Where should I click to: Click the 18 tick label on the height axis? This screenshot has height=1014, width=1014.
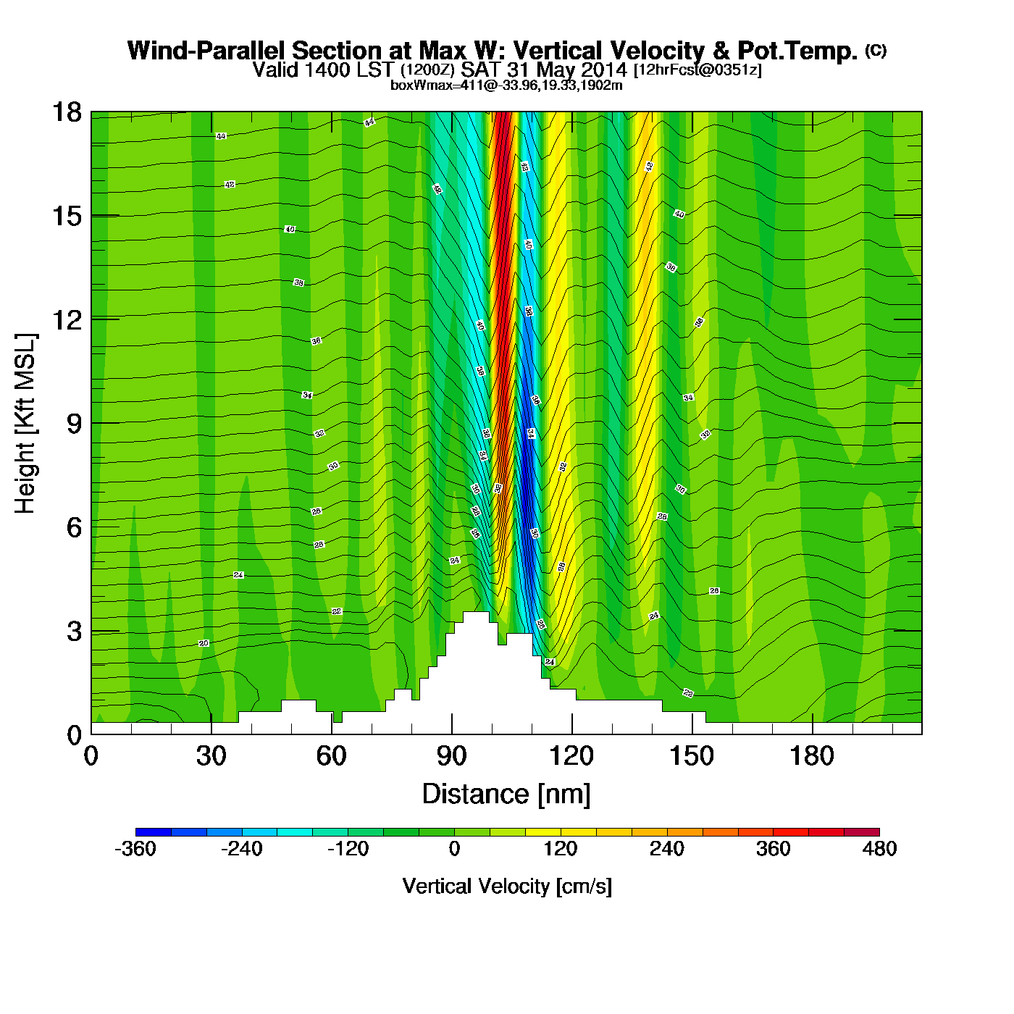(66, 112)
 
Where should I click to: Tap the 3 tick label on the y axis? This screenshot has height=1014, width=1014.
(74, 631)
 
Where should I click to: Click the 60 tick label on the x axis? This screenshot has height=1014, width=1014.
(331, 756)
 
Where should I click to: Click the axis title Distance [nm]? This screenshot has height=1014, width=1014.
(506, 794)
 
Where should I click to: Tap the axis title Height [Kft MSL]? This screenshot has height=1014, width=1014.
(25, 424)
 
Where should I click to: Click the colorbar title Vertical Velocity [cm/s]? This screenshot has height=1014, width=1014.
(507, 886)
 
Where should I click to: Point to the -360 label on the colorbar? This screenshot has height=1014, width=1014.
(135, 849)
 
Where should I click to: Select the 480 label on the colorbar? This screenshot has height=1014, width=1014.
(879, 849)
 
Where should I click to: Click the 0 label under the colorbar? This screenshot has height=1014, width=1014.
(454, 849)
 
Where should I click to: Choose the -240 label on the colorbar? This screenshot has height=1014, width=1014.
(242, 849)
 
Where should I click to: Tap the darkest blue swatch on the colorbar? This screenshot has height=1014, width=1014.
(153, 832)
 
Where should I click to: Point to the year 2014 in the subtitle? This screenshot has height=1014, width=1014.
(603, 70)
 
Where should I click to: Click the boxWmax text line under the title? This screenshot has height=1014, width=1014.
(506, 85)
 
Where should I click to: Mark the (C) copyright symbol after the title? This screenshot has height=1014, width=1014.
(875, 50)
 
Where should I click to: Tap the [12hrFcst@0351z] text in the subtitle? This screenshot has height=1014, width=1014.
(697, 70)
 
